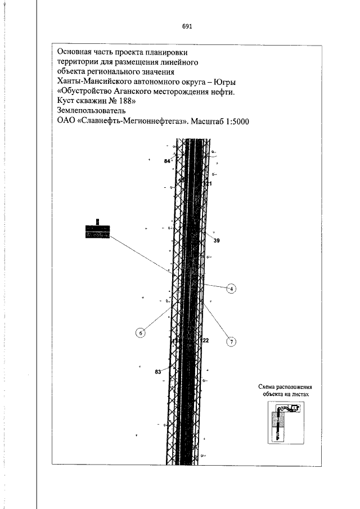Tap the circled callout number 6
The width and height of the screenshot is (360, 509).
pyautogui.click(x=141, y=333)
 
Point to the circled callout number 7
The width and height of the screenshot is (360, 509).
pyautogui.click(x=231, y=341)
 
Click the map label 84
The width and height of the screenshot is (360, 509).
pyautogui.click(x=167, y=161)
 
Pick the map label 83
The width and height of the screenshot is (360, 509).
pyautogui.click(x=158, y=372)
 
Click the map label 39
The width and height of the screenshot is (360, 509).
pyautogui.click(x=217, y=240)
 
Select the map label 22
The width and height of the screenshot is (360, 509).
pyautogui.click(x=205, y=341)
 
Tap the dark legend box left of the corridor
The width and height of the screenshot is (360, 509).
pyautogui.click(x=97, y=231)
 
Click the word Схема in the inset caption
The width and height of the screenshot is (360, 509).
pyautogui.click(x=269, y=387)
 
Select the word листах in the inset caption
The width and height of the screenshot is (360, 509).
pyautogui.click(x=298, y=395)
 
